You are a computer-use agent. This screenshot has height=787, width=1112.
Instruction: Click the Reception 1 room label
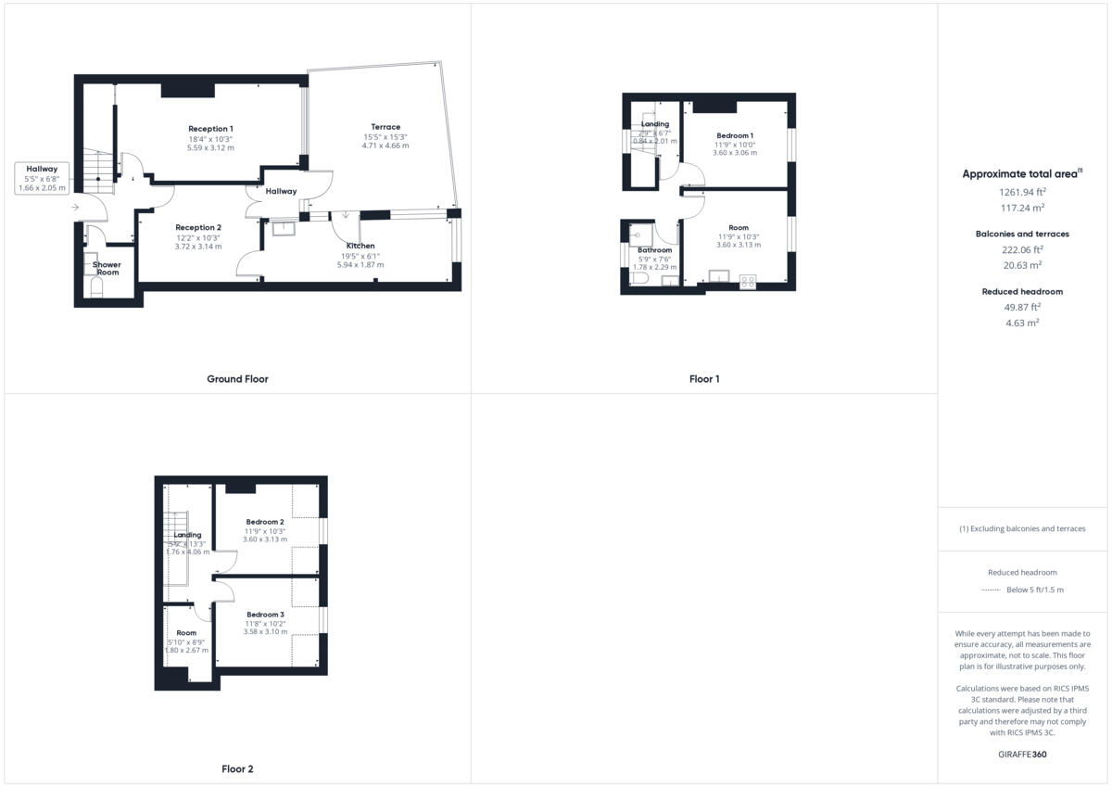211,128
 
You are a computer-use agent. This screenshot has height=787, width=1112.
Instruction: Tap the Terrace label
385,127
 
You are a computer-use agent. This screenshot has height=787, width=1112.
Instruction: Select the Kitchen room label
360,246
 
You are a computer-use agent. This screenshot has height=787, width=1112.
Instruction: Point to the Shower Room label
107,269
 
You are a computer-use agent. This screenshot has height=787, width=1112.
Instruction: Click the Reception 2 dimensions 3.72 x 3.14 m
198,247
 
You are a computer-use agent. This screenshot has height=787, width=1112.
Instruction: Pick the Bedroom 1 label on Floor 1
735,135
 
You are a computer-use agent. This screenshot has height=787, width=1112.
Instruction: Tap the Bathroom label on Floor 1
655,250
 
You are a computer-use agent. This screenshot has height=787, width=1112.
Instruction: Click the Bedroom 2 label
265,522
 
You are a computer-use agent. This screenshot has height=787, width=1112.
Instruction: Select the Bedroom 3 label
265,615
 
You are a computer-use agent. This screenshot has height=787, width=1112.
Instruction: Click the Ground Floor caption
237,379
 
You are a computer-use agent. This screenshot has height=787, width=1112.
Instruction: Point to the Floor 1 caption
704,379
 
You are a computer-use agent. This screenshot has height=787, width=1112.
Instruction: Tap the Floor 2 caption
237,769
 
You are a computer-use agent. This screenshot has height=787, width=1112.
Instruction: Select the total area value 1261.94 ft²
1023,192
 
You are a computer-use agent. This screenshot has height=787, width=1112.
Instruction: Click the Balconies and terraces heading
1023,234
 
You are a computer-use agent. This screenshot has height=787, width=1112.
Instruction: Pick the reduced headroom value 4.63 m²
1023,323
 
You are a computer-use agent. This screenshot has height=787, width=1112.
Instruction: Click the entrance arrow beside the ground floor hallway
74,208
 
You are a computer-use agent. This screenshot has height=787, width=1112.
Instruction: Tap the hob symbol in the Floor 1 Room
748,281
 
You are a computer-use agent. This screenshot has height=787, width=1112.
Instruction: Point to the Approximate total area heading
1019,173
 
